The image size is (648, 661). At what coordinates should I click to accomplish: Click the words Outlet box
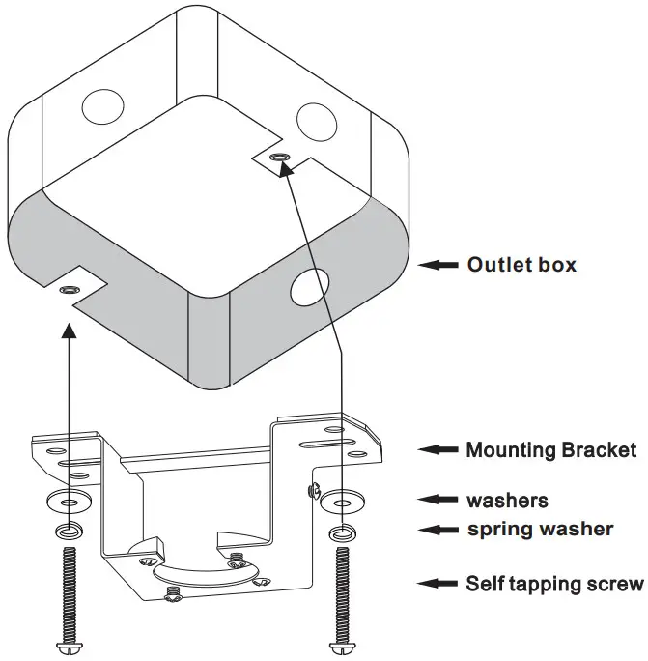521,264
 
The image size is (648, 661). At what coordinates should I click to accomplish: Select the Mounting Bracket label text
550,449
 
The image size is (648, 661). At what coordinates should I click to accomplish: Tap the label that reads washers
507,501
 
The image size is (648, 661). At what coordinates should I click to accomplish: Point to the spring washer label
540,530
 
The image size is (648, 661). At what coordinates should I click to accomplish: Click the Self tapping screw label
554,584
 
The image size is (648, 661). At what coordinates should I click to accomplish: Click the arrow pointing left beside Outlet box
439,264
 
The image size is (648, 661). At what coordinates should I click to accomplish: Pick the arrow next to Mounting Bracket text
437,449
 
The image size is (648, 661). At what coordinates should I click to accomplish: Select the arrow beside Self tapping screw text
437,584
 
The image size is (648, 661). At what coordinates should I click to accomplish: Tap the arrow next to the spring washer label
437,530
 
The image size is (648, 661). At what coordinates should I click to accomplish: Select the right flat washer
341,502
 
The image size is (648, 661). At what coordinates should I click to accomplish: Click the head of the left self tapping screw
68,647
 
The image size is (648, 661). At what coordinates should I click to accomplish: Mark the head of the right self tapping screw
341,647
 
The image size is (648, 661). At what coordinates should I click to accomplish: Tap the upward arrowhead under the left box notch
69,331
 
